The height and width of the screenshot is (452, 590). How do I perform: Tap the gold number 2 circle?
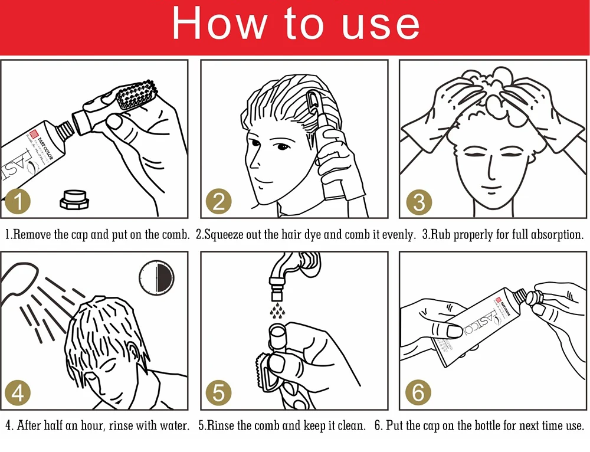tap(219, 201)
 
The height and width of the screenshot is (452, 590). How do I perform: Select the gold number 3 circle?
tap(419, 202)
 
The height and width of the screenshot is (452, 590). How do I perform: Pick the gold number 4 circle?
tap(17, 392)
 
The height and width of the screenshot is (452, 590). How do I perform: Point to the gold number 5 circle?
tap(219, 392)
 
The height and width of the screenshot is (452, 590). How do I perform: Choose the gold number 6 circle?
tap(418, 392)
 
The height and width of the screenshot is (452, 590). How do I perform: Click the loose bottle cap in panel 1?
tap(74, 199)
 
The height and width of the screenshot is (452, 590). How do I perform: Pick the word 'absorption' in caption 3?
tap(557, 235)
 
